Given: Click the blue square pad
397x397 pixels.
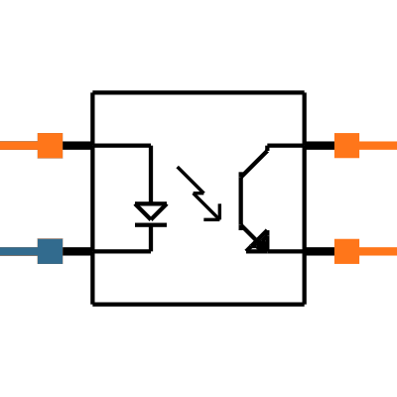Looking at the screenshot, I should [x=50, y=251].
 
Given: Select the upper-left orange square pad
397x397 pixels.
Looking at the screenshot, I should [x=50, y=146].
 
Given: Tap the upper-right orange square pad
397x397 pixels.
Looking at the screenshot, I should [x=346, y=146].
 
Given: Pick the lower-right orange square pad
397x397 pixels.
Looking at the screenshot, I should [x=346, y=251].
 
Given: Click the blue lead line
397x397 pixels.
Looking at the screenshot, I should [x=18, y=251].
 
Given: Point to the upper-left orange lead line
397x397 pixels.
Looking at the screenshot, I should [x=18, y=146].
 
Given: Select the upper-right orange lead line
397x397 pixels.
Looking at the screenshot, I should [x=378, y=146].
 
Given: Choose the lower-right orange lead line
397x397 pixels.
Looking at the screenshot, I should [x=378, y=251].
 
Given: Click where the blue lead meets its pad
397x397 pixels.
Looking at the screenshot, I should [x=37, y=251].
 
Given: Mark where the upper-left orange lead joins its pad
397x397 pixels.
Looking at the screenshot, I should [x=37, y=146].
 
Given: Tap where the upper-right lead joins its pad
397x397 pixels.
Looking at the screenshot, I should [x=359, y=146].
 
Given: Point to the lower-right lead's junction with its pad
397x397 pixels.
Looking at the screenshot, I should [x=359, y=251].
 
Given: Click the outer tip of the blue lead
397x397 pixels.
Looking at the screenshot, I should [x=1, y=251].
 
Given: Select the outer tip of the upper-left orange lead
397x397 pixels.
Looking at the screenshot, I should [x=1, y=146].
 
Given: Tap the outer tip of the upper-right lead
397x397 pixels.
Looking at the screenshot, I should [x=395, y=146].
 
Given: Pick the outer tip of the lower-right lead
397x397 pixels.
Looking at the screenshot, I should [x=395, y=251].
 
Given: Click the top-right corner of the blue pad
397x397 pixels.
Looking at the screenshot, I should [x=63, y=239].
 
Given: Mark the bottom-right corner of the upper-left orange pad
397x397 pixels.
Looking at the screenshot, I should [x=63, y=158].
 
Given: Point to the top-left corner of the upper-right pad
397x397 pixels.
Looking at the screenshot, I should [x=333, y=133].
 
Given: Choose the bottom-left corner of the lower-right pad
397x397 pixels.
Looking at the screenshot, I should [x=333, y=263].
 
